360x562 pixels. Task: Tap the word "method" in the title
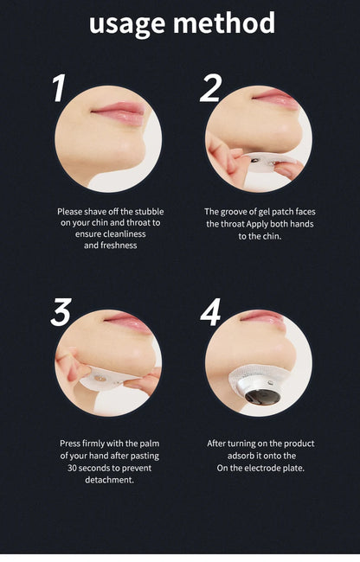point(224,23)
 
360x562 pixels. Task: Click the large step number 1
point(60,88)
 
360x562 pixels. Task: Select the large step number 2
point(211,88)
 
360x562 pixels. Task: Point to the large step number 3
point(61,312)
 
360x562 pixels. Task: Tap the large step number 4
point(210,312)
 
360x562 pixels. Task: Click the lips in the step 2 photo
point(275,98)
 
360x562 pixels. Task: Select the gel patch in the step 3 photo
point(104,379)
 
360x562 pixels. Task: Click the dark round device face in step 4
point(263,396)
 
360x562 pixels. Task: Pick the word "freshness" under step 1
point(119,246)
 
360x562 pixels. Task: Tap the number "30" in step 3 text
point(72,468)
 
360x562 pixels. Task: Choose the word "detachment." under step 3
point(109,480)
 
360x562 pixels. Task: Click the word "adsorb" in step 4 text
point(239,456)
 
